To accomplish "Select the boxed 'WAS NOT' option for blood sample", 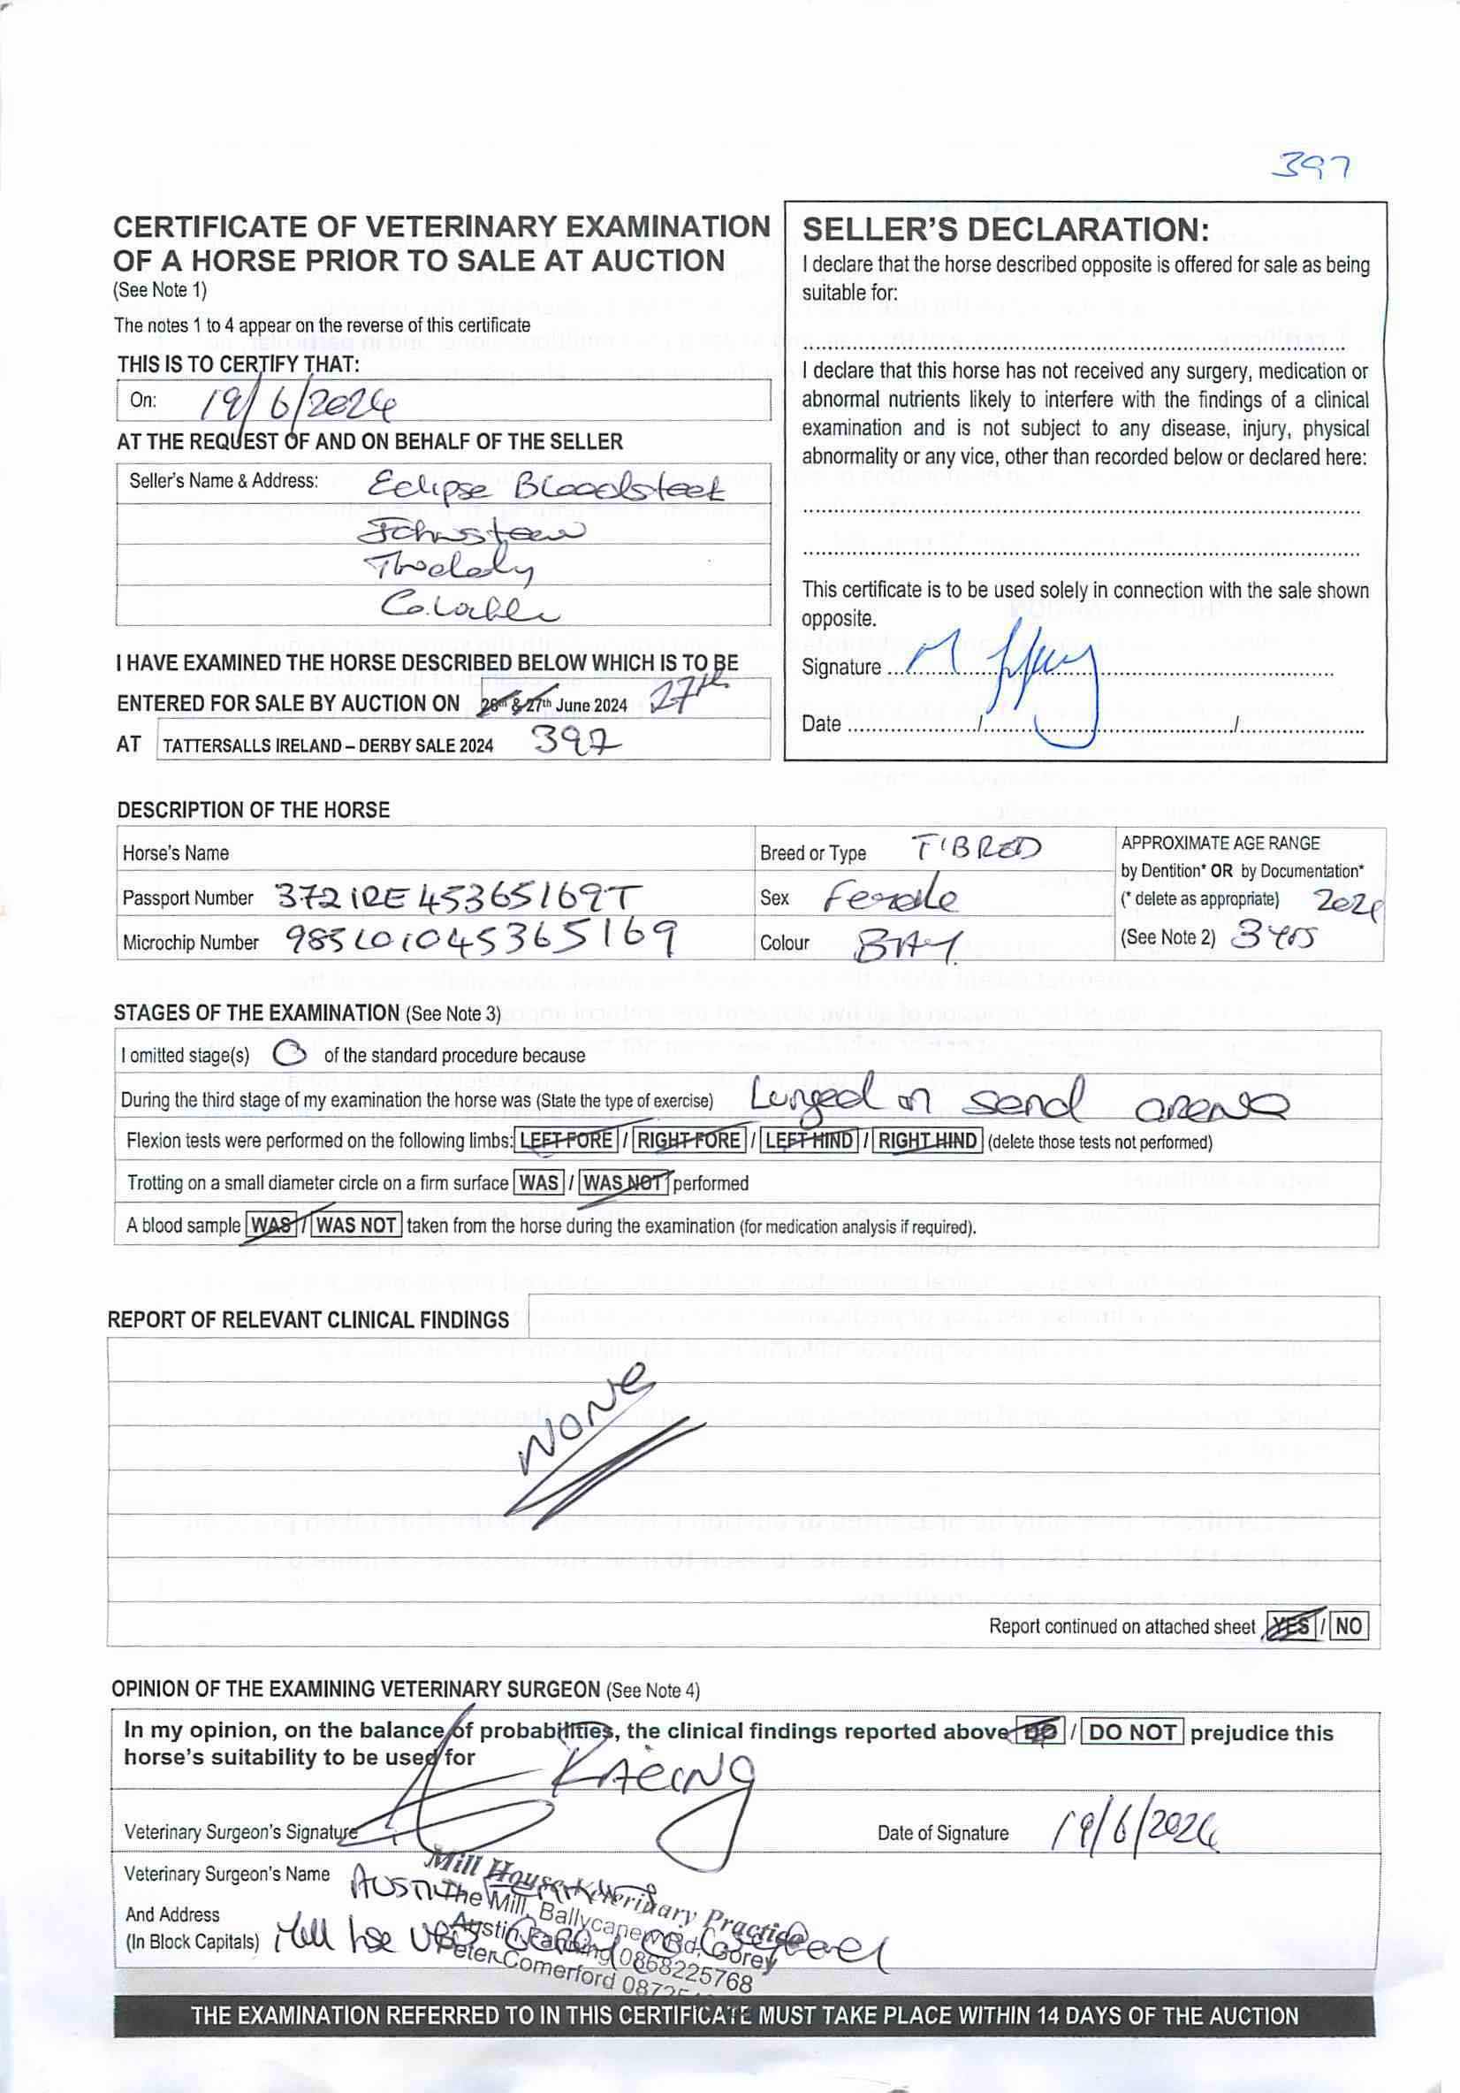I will (356, 1225).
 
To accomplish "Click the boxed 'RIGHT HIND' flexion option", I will (928, 1140).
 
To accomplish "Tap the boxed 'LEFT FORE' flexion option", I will (566, 1140).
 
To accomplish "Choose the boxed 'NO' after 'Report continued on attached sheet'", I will (1350, 1626).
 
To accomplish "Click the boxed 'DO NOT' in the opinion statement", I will (1132, 1731).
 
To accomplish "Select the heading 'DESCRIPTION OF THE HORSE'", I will (253, 809).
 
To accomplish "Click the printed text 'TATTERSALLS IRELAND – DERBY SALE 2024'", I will (328, 745).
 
